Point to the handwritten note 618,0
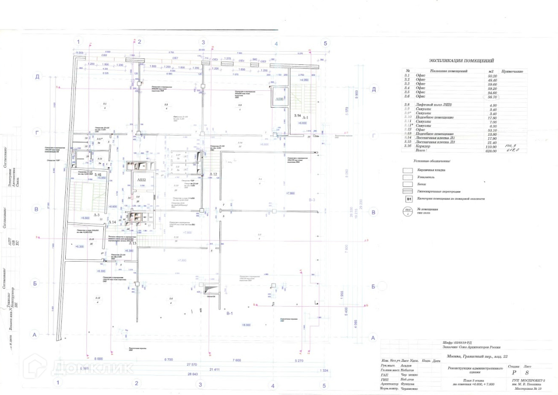click(x=508, y=150)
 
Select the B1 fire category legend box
click(x=408, y=198)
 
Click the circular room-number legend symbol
click(x=408, y=211)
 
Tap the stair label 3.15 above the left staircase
click(x=97, y=174)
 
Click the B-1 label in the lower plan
click(x=230, y=314)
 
